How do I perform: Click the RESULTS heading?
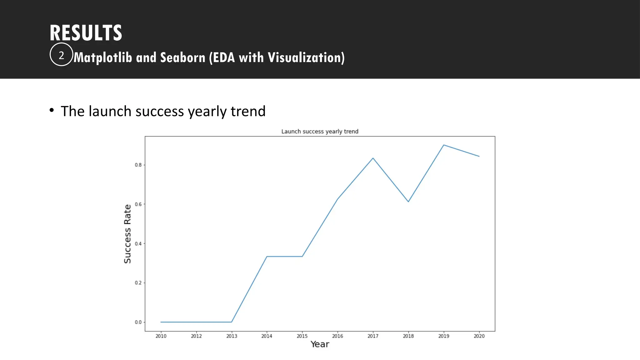(86, 33)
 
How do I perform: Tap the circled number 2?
(61, 55)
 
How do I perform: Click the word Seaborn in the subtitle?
(182, 57)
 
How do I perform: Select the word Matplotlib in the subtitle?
(103, 57)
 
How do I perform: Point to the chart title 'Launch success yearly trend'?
(320, 132)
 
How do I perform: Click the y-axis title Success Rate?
(127, 234)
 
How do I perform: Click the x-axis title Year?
(320, 344)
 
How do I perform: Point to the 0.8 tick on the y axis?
(138, 165)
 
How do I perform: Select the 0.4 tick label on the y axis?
(138, 244)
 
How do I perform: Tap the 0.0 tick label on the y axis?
(138, 322)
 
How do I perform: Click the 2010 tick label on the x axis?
(161, 336)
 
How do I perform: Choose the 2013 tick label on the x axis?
(232, 336)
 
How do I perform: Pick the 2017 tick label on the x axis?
(373, 336)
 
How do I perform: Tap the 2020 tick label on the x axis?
(479, 336)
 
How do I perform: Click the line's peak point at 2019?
(444, 145)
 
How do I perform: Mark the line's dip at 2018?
(408, 202)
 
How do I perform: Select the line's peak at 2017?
(373, 158)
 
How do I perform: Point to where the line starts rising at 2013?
(232, 322)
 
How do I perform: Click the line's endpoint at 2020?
(479, 156)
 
